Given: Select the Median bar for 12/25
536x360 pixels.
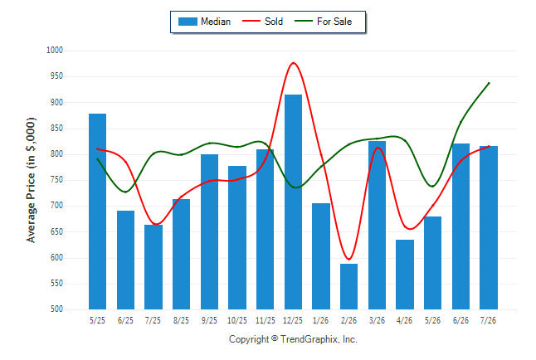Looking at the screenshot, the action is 293,202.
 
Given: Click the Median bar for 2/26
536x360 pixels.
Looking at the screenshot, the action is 348,286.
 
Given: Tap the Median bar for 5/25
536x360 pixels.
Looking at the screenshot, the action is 97,212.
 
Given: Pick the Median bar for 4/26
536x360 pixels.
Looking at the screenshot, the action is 405,275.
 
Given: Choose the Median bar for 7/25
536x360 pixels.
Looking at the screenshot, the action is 153,267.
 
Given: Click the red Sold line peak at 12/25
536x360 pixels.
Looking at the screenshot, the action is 293,63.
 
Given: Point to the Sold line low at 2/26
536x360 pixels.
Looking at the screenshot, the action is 348,259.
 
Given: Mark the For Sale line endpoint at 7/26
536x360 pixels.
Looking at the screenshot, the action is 489,83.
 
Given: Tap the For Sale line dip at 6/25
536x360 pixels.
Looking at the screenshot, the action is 125,192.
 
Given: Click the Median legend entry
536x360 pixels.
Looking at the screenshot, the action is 204,22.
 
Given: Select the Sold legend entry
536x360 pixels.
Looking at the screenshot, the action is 262,22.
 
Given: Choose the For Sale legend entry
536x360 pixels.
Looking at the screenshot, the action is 323,22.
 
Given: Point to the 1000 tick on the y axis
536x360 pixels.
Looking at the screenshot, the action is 55,51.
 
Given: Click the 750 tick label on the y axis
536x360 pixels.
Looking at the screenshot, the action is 56,180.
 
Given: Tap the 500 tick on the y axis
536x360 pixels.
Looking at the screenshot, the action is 56,309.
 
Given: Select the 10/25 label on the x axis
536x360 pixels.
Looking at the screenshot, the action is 237,320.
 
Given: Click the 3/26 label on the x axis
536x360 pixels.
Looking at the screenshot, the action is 377,320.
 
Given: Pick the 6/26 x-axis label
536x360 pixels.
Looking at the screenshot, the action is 460,320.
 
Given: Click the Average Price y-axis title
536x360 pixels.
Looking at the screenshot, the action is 31,180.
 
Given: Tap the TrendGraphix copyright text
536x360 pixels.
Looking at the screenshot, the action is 293,339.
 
